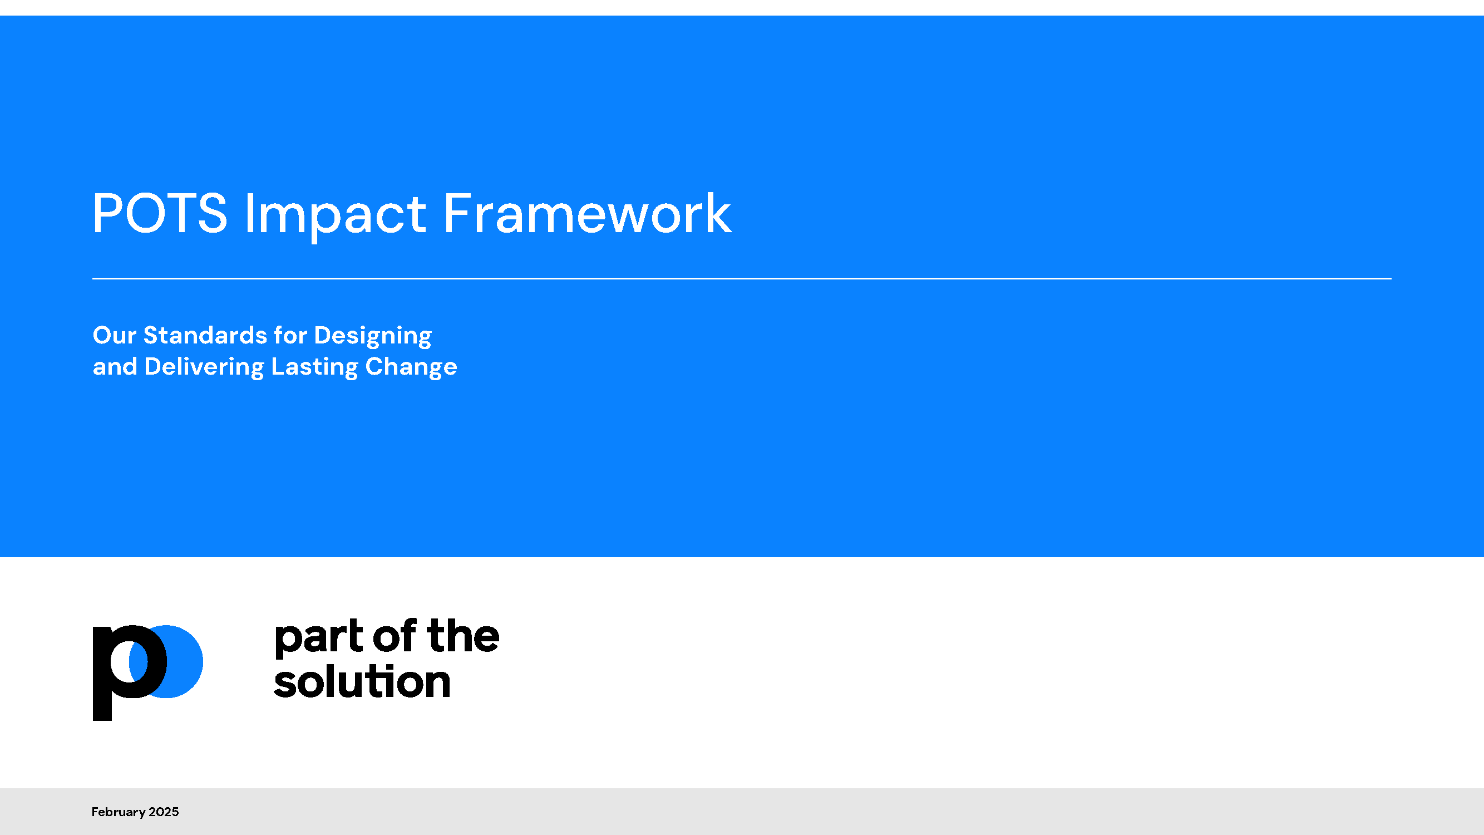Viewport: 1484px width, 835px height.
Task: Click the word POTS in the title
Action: pyautogui.click(x=160, y=214)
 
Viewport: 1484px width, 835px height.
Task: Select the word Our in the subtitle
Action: pyautogui.click(x=115, y=335)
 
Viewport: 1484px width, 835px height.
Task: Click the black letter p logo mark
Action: pyautogui.click(x=130, y=672)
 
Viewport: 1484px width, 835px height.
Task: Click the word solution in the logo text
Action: pyautogui.click(x=362, y=681)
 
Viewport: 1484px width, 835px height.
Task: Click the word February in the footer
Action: pyautogui.click(x=118, y=813)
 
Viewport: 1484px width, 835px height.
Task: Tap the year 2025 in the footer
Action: pyautogui.click(x=164, y=812)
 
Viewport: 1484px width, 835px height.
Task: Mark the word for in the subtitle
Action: pyautogui.click(x=290, y=335)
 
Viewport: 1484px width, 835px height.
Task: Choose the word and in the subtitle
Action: pyautogui.click(x=115, y=367)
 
